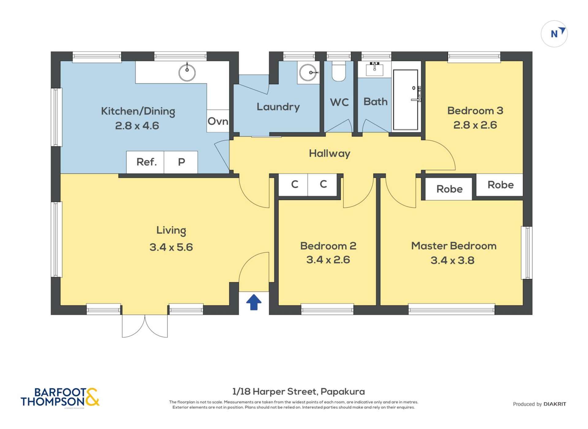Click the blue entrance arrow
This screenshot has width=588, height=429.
[253, 302]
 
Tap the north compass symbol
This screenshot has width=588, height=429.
[554, 34]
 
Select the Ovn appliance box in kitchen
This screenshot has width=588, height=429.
[218, 121]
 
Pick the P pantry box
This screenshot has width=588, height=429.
[181, 162]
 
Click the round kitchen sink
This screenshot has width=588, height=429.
[187, 73]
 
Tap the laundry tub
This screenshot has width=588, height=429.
[308, 73]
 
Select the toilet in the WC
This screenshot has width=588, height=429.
[338, 72]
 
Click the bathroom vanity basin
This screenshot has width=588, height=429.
[374, 69]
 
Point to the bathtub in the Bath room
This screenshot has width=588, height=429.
[405, 100]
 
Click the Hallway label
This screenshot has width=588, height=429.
[329, 153]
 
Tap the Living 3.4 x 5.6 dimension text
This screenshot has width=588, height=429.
[171, 247]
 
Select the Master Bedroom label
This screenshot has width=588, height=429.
[453, 246]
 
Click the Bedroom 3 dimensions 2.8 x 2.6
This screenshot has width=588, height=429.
[475, 125]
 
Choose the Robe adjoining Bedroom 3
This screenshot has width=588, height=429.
[500, 185]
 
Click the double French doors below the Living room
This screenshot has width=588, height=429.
[145, 325]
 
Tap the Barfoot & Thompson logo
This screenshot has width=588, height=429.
[60, 397]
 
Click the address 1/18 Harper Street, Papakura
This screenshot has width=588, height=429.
[298, 391]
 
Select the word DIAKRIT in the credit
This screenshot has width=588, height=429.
[555, 404]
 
